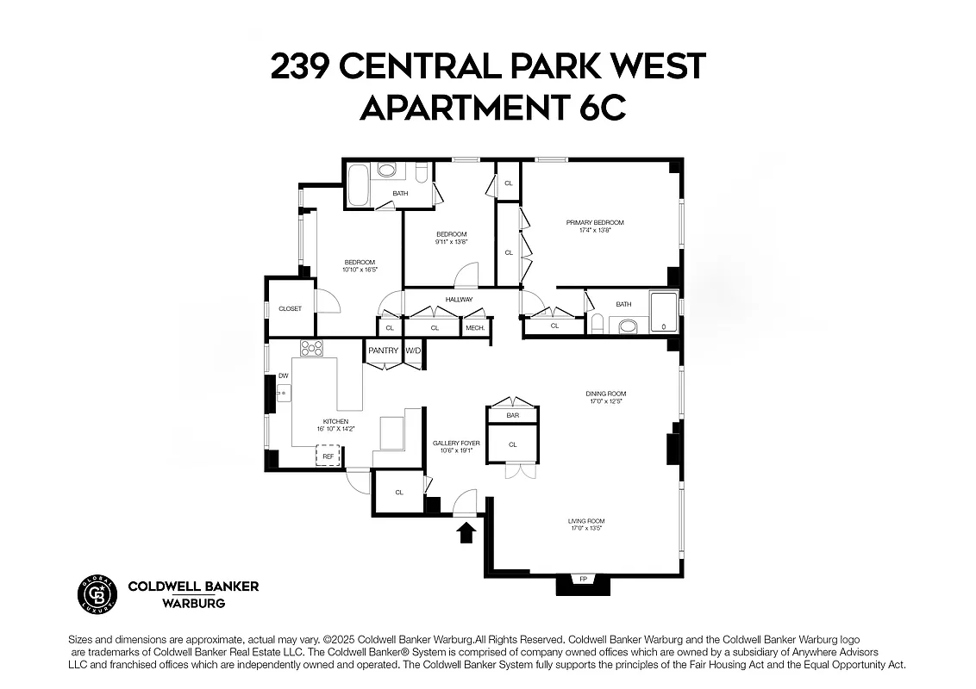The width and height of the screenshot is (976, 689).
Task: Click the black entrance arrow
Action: point(466,533)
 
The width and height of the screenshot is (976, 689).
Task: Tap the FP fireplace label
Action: point(583,579)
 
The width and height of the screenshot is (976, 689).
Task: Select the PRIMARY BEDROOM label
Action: point(595,223)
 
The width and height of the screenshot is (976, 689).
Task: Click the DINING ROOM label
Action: point(607,394)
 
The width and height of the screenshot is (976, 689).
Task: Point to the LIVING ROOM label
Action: point(585,520)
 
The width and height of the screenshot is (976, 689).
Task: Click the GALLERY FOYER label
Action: point(456,443)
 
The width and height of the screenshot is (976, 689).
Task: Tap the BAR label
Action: point(512,416)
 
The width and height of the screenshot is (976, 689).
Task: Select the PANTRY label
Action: point(384,351)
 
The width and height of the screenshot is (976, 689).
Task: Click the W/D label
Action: point(414,351)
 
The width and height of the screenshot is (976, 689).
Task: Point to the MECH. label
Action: point(475,328)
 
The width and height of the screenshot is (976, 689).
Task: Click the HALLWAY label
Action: point(459,300)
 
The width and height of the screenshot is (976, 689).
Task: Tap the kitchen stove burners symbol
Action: point(311,349)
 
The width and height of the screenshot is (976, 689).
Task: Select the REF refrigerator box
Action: point(328,456)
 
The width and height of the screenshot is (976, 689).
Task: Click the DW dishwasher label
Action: point(283,376)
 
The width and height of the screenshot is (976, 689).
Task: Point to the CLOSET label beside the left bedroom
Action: point(290,308)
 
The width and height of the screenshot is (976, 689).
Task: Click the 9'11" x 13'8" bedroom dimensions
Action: point(451,242)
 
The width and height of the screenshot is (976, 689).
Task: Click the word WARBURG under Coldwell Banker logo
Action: point(193,604)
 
